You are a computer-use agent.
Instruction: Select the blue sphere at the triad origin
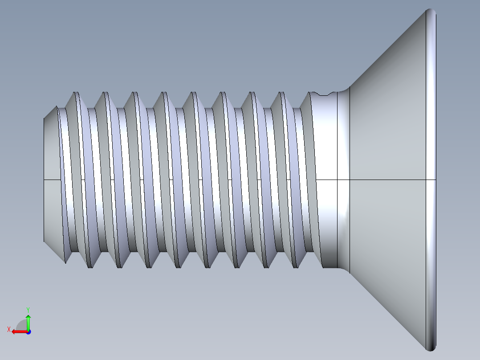coord(28,331)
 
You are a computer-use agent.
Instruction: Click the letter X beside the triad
coord(8,329)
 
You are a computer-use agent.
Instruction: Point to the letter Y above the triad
coord(28,309)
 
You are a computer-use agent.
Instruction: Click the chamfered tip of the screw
coord(52,147)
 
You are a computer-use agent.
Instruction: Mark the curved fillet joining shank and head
coord(343,134)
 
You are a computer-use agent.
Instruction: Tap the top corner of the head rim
coord(431,10)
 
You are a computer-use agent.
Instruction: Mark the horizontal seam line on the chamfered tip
coord(52,180)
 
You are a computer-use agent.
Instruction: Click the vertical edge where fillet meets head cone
coord(350,134)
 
